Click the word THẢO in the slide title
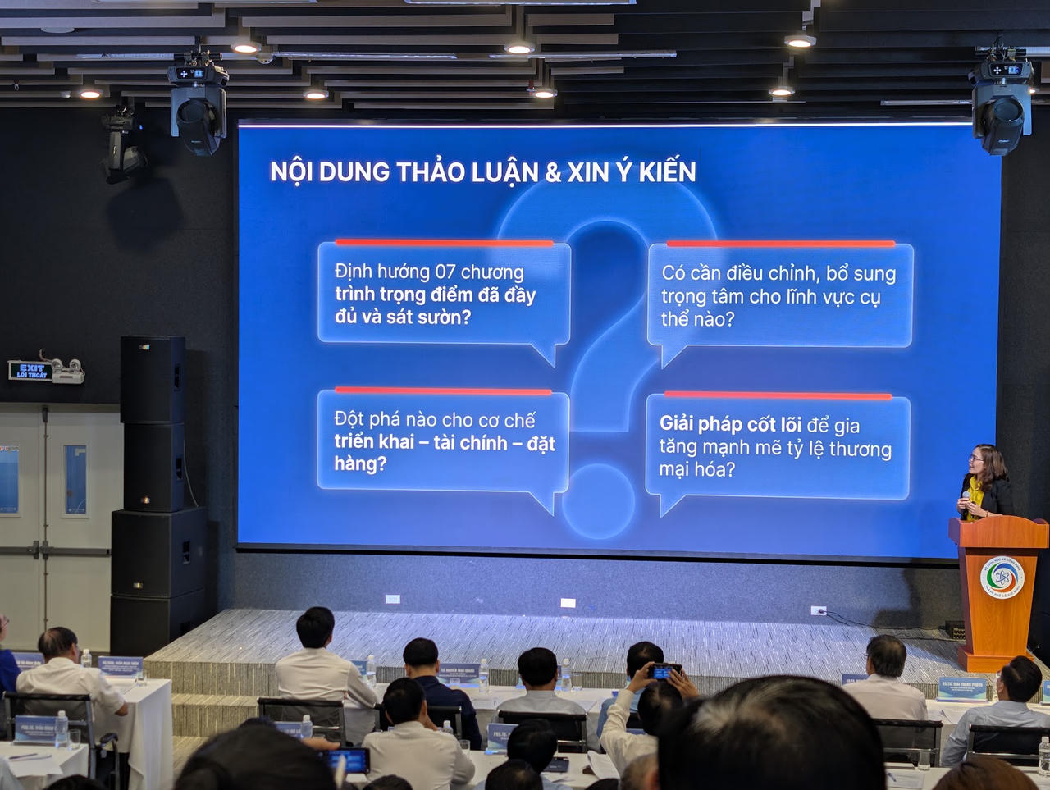434,172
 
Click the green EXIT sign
32,371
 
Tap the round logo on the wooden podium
1002,578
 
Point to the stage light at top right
1001,103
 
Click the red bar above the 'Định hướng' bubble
444,243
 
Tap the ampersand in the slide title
553,172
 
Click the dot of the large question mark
598,501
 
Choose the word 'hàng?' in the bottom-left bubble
360,464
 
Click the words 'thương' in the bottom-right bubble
860,449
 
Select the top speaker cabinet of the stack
153,379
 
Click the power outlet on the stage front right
818,610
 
